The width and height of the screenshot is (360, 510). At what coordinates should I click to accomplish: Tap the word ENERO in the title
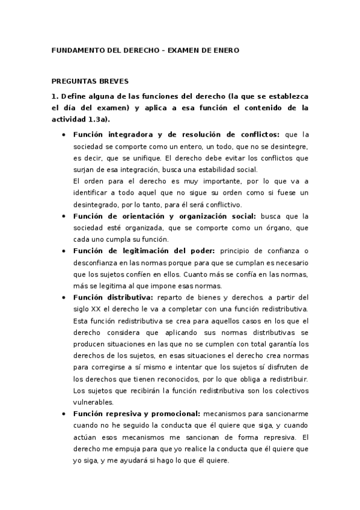pos(225,51)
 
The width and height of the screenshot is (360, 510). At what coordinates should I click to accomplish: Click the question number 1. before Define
pos(54,96)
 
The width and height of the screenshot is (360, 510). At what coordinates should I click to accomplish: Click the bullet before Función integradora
pos(64,135)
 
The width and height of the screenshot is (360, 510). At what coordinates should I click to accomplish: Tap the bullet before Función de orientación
pos(64,216)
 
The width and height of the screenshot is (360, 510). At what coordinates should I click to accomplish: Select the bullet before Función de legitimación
pos(64,251)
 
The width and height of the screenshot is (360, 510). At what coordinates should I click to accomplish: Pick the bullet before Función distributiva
pos(64,297)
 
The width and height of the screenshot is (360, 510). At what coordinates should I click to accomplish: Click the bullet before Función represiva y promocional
pos(64,414)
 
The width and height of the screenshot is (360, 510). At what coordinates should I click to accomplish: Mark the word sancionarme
pos(284,414)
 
